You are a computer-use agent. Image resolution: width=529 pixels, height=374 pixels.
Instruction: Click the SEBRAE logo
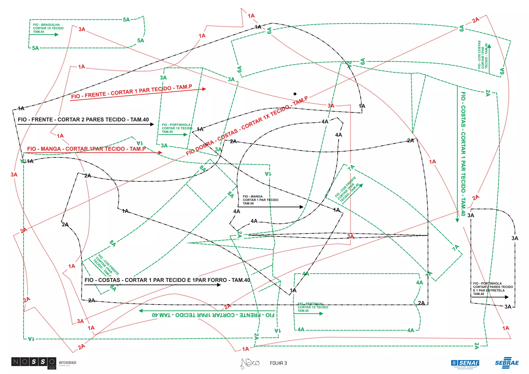coord(507,363)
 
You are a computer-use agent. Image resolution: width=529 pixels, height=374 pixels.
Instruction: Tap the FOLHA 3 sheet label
coord(278,363)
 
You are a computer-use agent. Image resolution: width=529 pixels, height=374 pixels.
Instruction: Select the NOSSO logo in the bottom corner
coord(34,362)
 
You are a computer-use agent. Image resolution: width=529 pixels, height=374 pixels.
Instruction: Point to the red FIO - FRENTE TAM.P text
coord(131,92)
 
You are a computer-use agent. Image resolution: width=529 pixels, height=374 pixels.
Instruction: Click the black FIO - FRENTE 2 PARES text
coord(83,120)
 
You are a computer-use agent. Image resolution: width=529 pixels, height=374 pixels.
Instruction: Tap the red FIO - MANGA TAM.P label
coord(86,149)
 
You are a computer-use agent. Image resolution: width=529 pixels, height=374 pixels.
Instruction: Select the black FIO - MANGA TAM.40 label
coord(260,200)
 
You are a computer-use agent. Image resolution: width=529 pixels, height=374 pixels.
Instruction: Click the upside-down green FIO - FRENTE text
coord(213,315)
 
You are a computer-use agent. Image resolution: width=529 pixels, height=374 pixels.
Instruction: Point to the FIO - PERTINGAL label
coord(313,307)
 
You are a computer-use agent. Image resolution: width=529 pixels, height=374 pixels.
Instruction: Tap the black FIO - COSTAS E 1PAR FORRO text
coord(167,280)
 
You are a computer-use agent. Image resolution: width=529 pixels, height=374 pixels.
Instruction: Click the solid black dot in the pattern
coord(295,94)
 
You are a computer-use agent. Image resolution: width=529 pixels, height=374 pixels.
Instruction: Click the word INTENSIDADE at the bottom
coord(68,363)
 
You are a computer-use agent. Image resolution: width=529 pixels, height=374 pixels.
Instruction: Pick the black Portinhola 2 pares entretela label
coord(493,289)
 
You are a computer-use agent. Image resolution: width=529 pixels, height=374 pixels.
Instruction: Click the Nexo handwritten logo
coord(250,363)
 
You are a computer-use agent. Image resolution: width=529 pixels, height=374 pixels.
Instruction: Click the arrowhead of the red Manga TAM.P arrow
coord(160,153)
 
